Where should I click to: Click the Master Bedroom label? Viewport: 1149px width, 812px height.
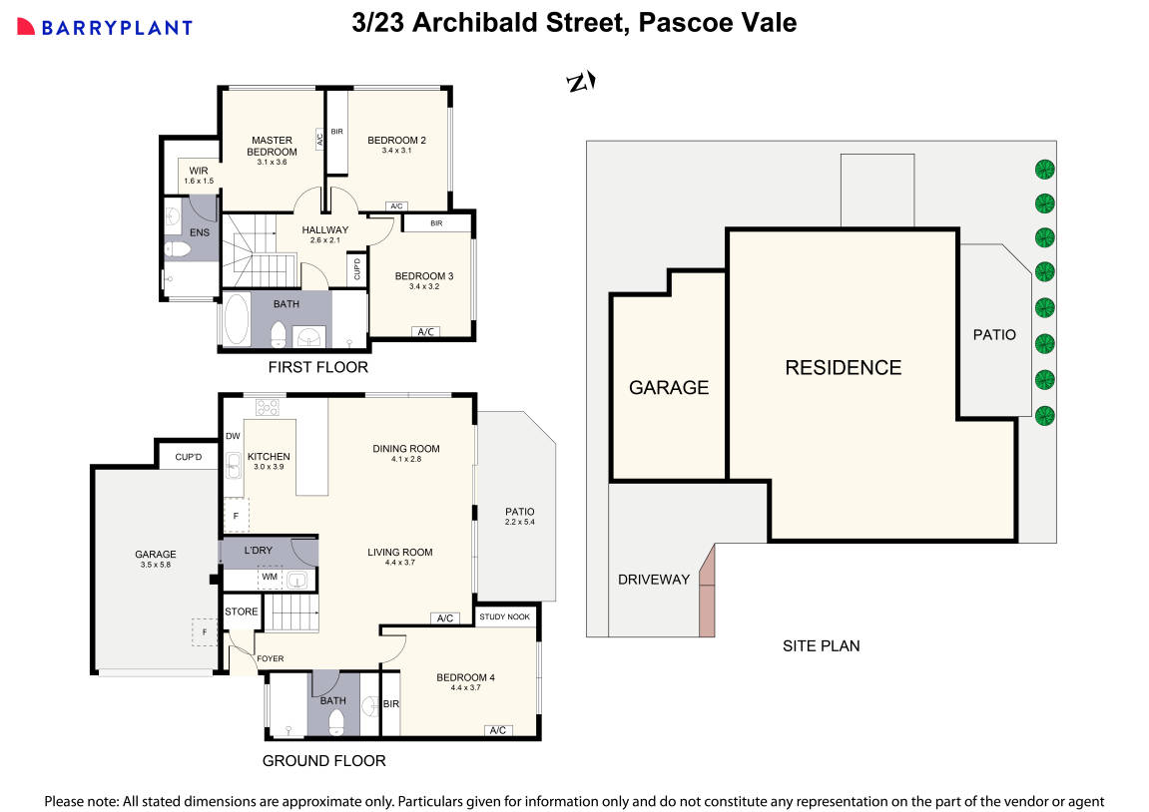pyautogui.click(x=272, y=146)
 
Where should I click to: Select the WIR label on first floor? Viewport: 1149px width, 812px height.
pyautogui.click(x=199, y=171)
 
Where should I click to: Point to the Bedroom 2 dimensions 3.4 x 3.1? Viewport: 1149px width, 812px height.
pyautogui.click(x=396, y=151)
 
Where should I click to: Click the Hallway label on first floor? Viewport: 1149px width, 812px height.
pyautogui.click(x=324, y=229)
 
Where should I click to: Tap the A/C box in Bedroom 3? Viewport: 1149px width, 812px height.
pyautogui.click(x=425, y=332)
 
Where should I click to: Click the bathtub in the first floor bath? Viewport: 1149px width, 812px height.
pyautogui.click(x=237, y=320)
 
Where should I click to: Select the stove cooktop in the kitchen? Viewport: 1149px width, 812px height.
pyautogui.click(x=268, y=406)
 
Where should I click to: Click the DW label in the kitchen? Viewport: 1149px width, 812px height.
pyautogui.click(x=233, y=436)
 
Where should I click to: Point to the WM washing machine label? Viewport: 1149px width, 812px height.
pyautogui.click(x=269, y=577)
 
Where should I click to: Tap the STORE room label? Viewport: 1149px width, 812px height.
pyautogui.click(x=241, y=611)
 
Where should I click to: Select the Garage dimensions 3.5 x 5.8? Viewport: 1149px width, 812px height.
pyautogui.click(x=156, y=566)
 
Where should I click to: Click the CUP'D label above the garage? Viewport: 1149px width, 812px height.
pyautogui.click(x=189, y=458)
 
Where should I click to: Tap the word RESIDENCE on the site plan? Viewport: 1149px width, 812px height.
pyautogui.click(x=843, y=367)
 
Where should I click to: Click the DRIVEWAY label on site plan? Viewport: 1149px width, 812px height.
pyautogui.click(x=654, y=579)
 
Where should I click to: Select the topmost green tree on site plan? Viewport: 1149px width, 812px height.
pyautogui.click(x=1044, y=168)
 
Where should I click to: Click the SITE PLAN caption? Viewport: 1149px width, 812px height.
pyautogui.click(x=821, y=645)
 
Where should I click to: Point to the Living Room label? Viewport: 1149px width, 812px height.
pyautogui.click(x=399, y=552)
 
